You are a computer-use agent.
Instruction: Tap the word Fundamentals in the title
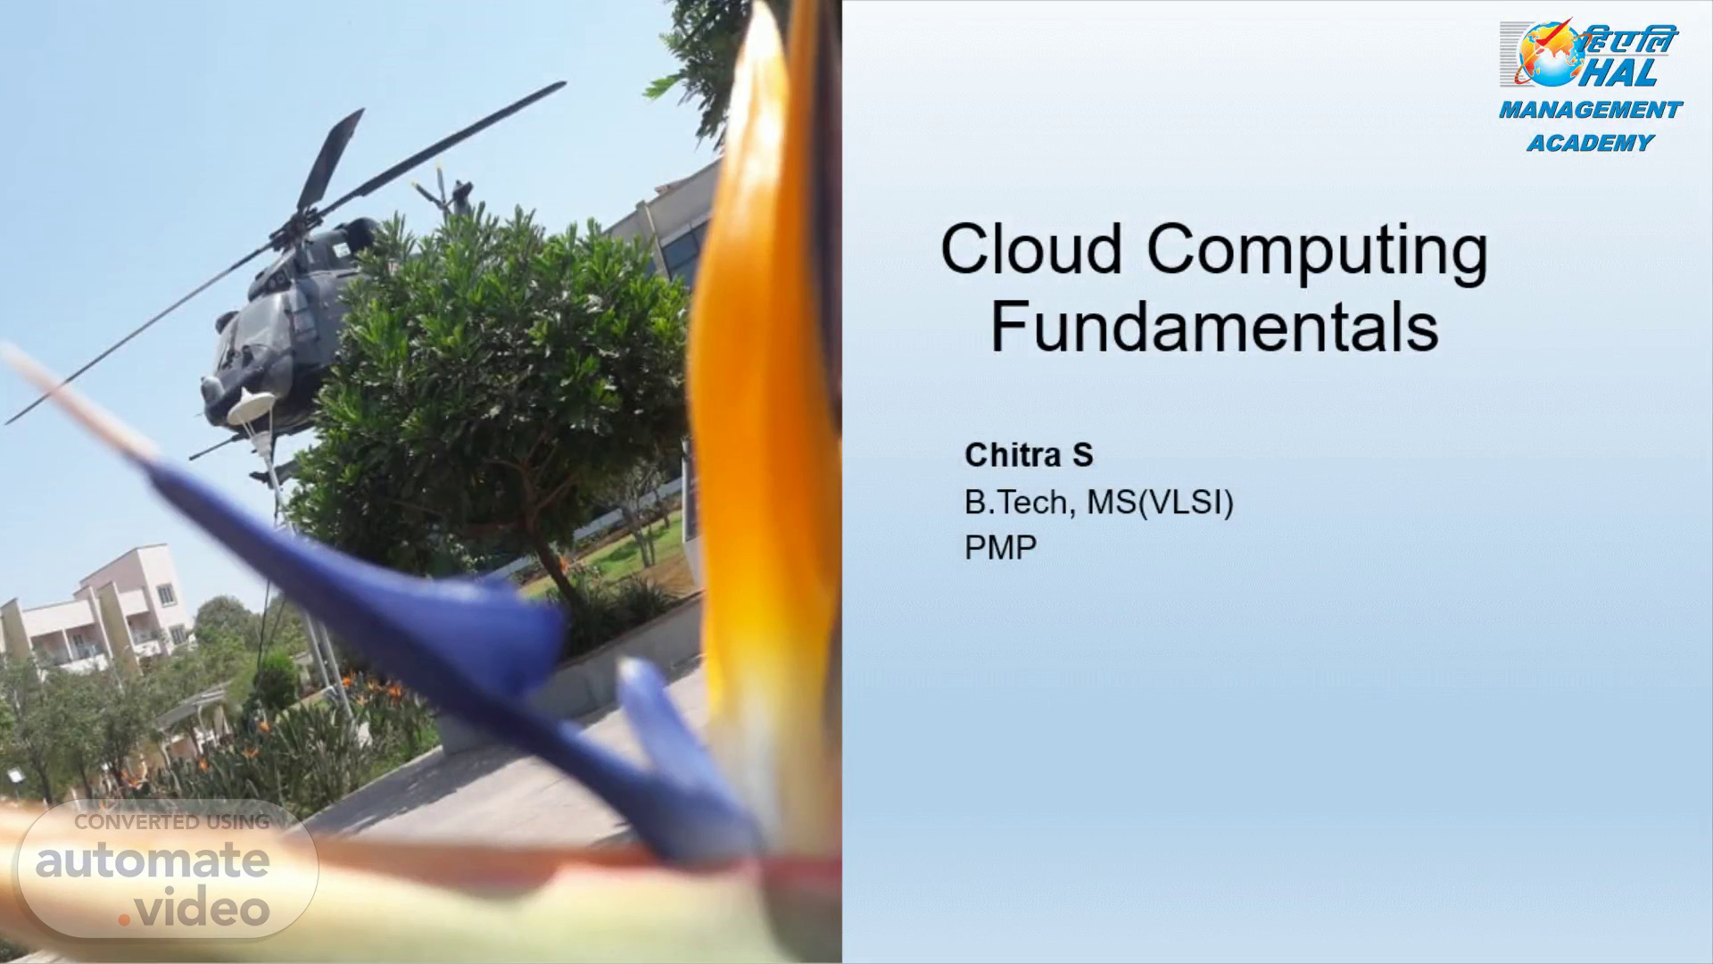coord(1214,328)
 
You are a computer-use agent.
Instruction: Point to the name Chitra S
coord(1029,455)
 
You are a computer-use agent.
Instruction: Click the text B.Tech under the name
coord(1015,503)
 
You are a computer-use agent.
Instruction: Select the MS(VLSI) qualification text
coord(1160,503)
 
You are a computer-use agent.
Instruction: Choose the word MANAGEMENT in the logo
coord(1590,111)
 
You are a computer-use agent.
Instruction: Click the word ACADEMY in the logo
coord(1590,143)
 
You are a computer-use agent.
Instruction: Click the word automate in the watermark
coord(153,860)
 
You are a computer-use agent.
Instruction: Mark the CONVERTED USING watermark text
coord(172,822)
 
